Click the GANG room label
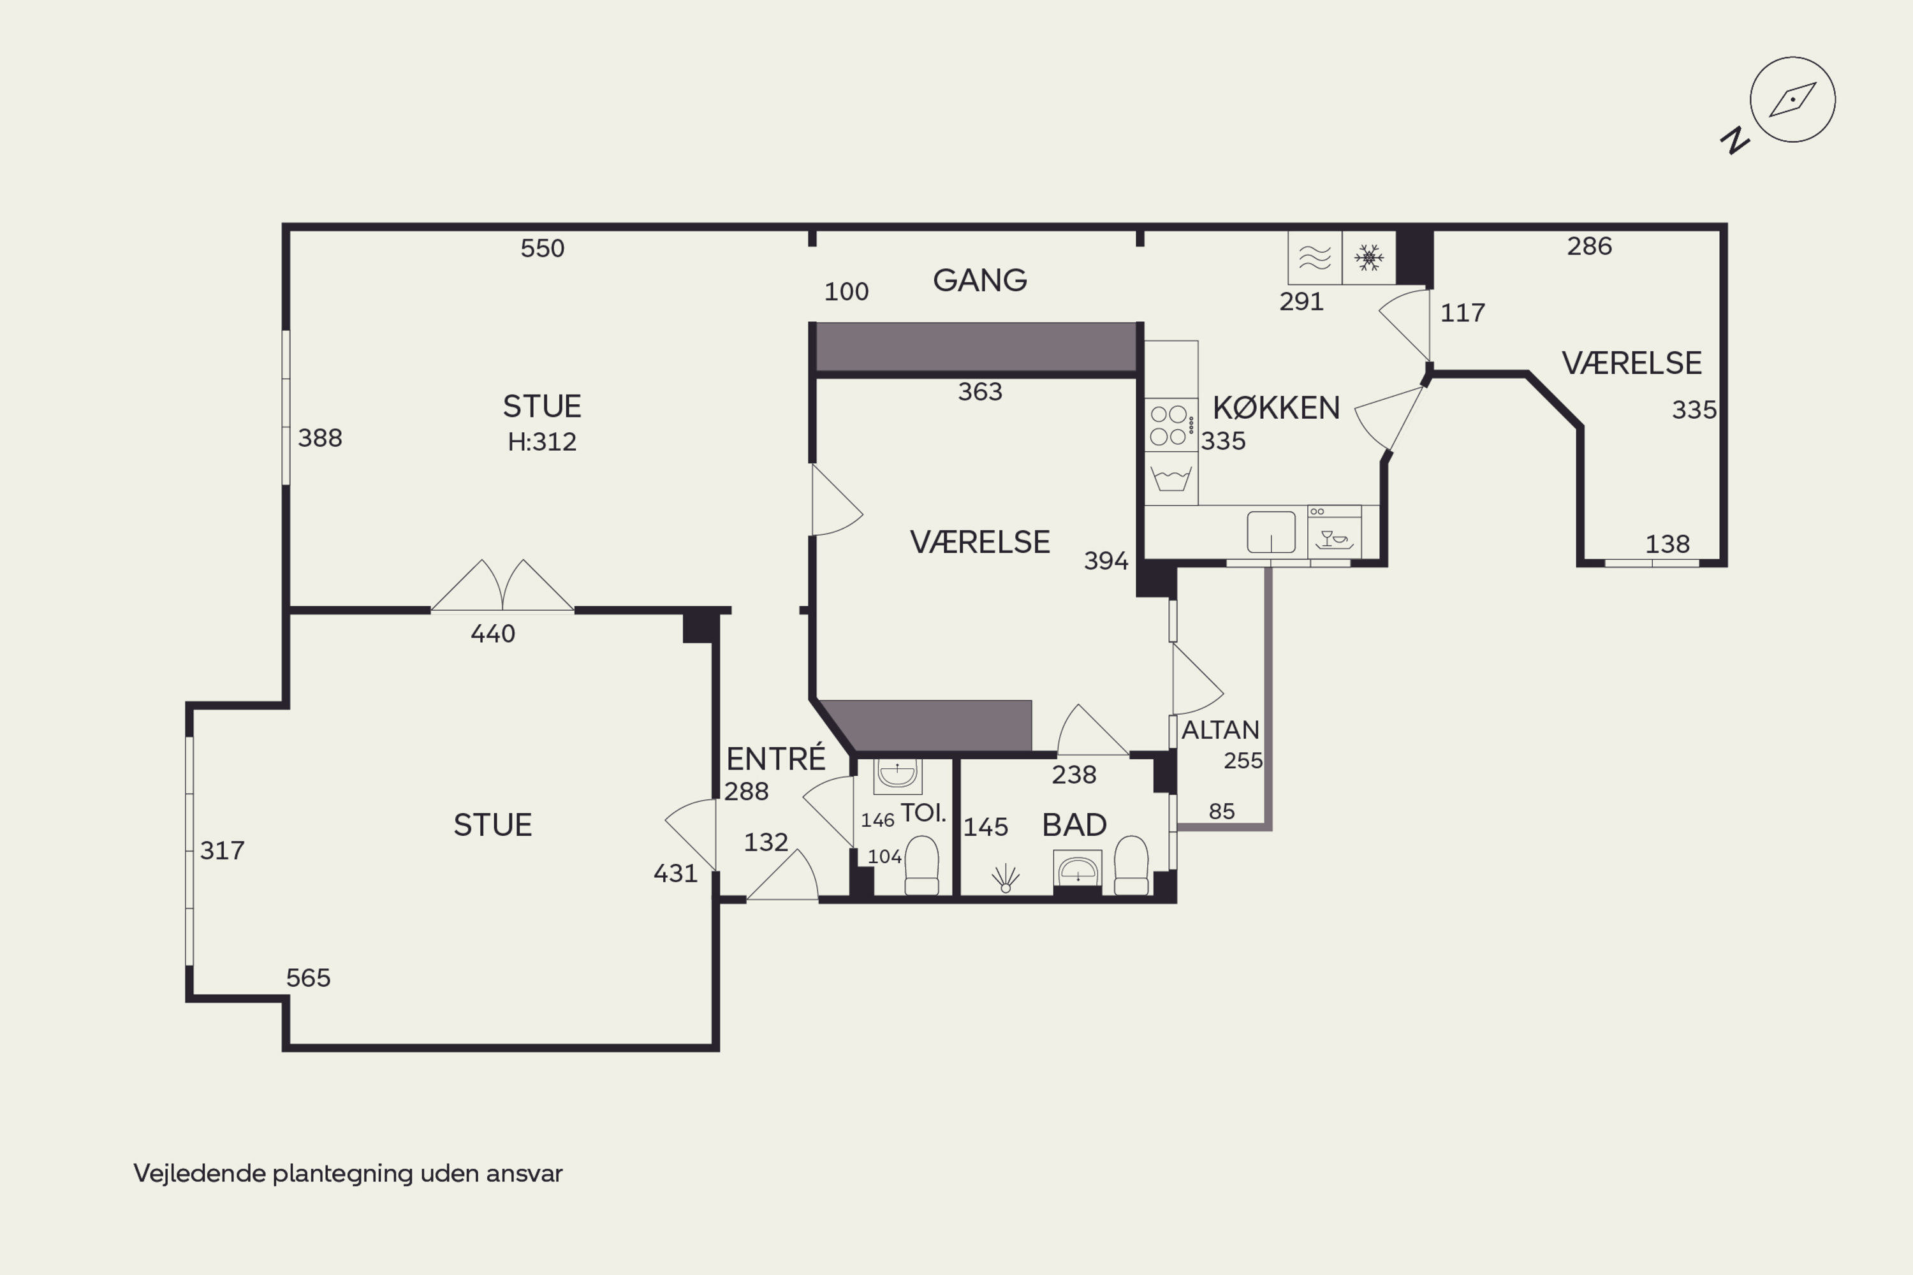(979, 280)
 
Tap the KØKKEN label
(1276, 407)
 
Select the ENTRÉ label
(776, 758)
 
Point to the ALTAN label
(1220, 730)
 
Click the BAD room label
(1074, 824)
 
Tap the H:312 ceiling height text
(541, 442)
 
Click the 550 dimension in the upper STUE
(543, 248)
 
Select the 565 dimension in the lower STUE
(308, 977)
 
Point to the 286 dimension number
(1589, 245)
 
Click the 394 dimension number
(1106, 560)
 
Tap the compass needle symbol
(1792, 100)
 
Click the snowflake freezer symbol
(1369, 258)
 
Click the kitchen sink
(1272, 532)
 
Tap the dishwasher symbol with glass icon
(1334, 532)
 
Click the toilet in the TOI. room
(921, 865)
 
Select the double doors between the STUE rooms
(502, 585)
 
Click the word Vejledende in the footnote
(199, 1174)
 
